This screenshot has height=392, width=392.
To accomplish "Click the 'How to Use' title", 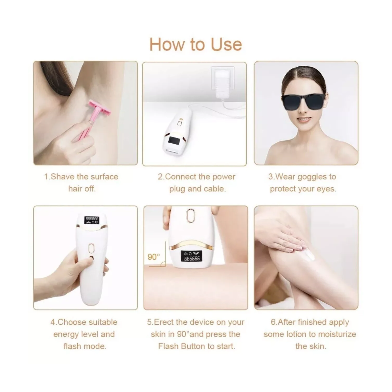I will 195,44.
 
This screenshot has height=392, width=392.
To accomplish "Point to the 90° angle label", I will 154,257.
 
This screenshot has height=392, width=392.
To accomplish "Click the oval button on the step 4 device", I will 91,248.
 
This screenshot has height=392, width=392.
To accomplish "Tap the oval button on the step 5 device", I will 190,216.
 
